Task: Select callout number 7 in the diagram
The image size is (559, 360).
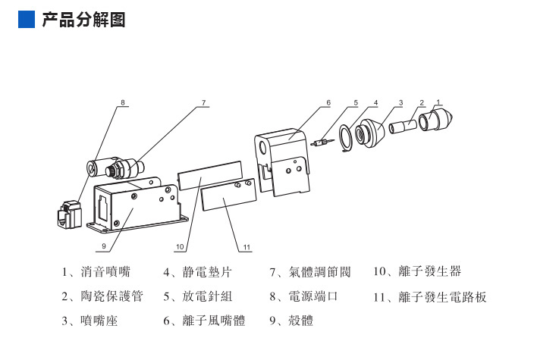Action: coord(203,102)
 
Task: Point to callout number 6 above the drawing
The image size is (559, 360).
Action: coord(328,102)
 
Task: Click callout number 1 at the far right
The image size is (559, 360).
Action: coord(438,102)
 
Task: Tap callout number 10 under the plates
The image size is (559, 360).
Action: coord(181,246)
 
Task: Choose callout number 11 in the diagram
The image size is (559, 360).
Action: coord(247,246)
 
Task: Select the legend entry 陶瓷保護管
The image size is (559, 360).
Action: coord(102,296)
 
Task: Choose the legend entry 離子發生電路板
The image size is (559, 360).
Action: coord(429,296)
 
